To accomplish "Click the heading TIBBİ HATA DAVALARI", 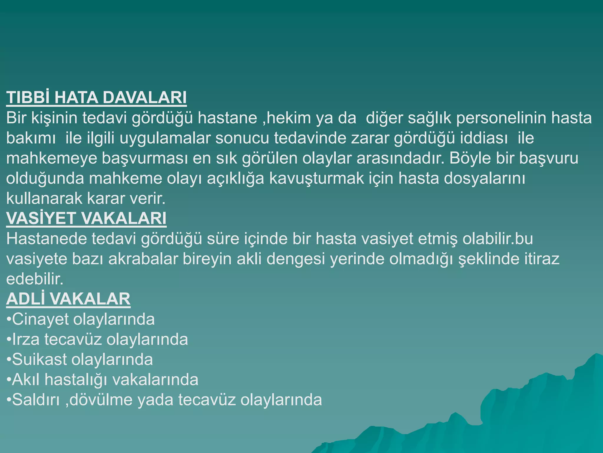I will (96, 98).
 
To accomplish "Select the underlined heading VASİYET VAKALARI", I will (86, 219).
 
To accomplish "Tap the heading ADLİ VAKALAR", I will (68, 299).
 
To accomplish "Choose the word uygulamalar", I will (165, 138).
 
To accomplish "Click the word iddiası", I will (484, 138).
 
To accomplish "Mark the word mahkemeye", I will (52, 158).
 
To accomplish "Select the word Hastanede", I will (47, 239).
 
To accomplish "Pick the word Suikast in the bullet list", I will (39, 360).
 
